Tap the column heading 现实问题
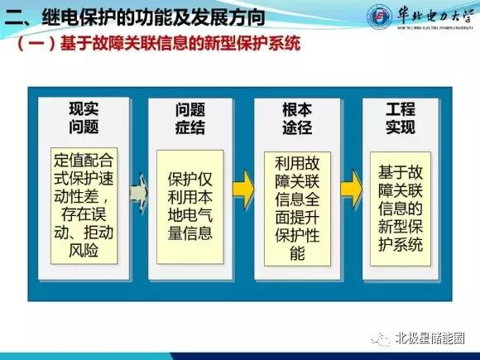(84, 118)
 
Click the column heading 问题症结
(190, 118)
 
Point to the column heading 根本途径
(297, 118)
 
